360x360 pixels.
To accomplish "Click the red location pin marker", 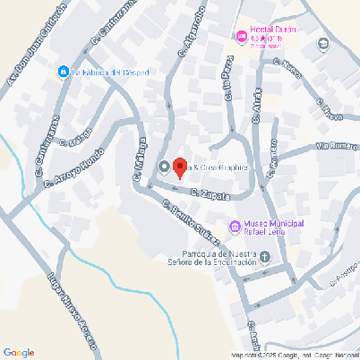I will [178, 167].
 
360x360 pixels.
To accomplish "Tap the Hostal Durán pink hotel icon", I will [239, 36].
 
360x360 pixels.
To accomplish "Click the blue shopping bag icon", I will [63, 72].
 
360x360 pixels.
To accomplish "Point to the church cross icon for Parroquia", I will [265, 257].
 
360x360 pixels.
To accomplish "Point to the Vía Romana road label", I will [337, 145].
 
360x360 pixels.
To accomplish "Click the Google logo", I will [19, 352].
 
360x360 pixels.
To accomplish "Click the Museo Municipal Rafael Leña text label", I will [276, 228].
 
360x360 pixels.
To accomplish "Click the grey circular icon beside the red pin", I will [164, 167].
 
